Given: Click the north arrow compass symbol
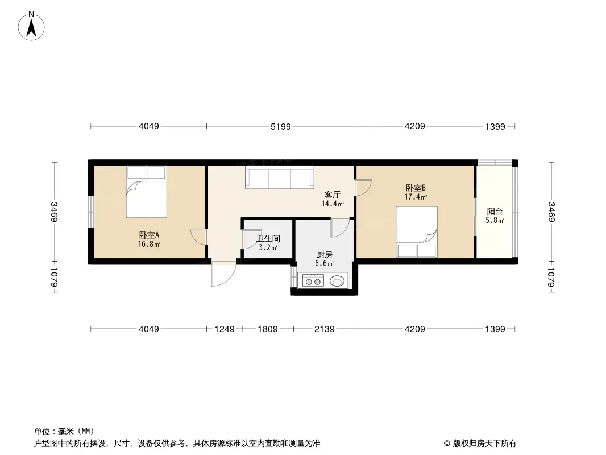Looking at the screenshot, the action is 31,26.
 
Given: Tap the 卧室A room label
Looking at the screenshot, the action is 149,235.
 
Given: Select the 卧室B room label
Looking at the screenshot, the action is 416,188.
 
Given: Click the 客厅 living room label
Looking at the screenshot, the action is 333,195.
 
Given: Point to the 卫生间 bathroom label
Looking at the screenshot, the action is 268,238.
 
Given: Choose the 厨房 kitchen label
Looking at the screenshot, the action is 324,254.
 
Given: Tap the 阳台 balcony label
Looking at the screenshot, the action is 495,212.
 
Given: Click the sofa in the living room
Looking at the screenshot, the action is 280,177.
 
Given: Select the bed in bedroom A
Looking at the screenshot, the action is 147,192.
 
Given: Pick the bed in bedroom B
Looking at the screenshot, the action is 417,231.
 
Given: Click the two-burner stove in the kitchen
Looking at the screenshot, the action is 313,280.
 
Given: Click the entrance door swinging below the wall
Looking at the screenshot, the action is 223,274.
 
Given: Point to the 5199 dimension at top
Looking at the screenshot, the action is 281,126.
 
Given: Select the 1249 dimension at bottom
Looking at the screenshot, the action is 225,329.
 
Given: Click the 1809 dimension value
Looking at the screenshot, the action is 268,329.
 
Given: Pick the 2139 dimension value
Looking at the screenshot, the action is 324,329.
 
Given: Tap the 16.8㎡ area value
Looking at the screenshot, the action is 149,244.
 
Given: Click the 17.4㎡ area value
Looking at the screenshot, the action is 416,197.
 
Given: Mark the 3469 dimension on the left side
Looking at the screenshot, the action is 54,212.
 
